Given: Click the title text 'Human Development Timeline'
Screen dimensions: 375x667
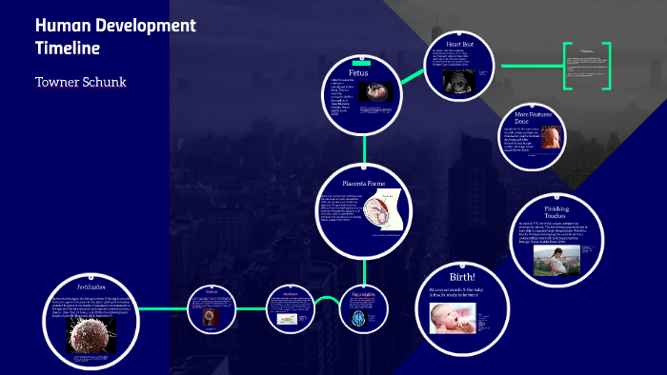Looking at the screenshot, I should [x=114, y=36].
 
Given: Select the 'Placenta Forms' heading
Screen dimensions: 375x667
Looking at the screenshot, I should [x=364, y=182].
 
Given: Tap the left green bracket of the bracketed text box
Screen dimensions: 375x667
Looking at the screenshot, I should [x=566, y=66].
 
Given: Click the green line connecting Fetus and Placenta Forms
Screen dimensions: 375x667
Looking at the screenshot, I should [x=363, y=147].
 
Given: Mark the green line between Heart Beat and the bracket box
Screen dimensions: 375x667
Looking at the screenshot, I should [x=529, y=66].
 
